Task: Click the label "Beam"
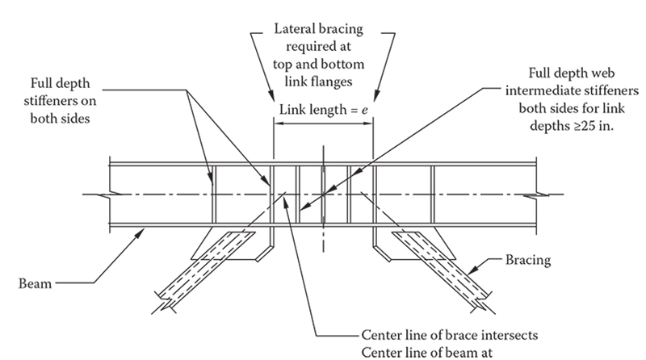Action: (x=35, y=283)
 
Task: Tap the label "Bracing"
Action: (x=528, y=260)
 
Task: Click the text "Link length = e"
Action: (x=324, y=110)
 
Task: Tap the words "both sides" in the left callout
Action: (x=60, y=119)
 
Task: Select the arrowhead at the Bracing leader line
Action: (x=473, y=270)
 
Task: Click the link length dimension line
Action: (x=324, y=123)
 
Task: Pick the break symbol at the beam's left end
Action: (x=111, y=195)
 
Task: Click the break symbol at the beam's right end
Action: (x=536, y=195)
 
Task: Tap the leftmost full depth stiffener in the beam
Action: (x=214, y=195)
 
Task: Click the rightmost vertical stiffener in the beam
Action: (x=433, y=195)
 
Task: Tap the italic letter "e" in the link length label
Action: (x=365, y=110)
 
